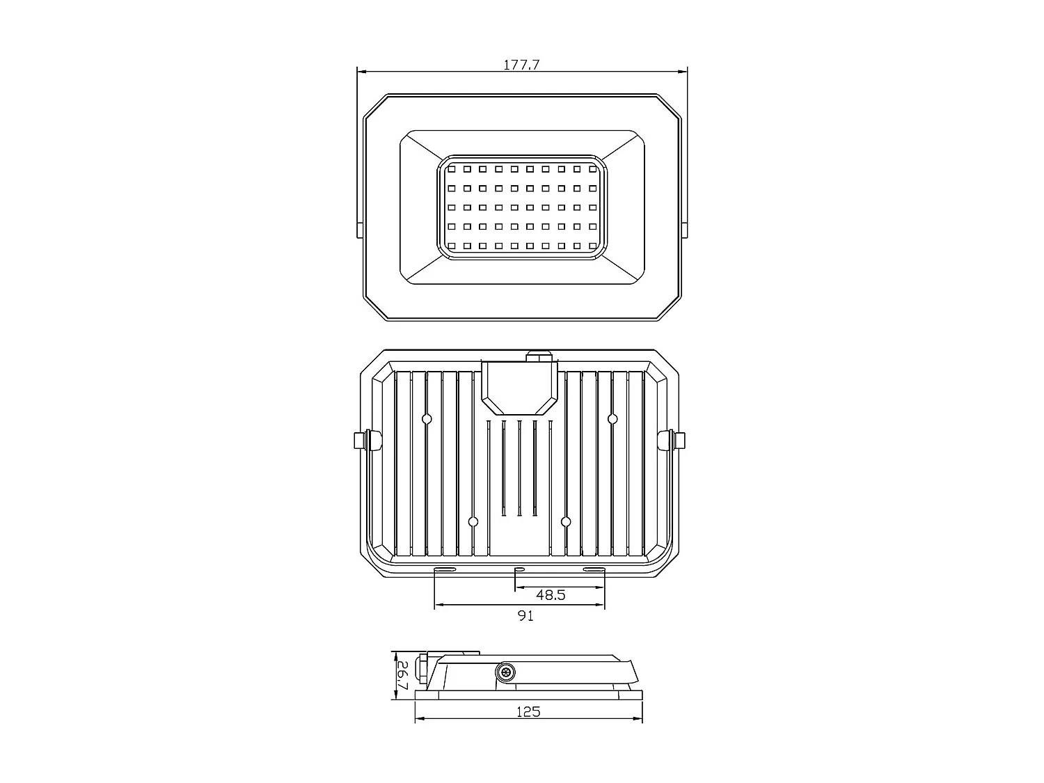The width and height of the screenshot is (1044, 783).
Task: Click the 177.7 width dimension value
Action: (x=521, y=65)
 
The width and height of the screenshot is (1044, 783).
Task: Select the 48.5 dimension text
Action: (x=551, y=595)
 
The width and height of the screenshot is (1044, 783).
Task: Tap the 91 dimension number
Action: (x=526, y=616)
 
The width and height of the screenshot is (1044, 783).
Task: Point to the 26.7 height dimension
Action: (x=402, y=674)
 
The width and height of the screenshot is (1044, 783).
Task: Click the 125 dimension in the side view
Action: (x=528, y=712)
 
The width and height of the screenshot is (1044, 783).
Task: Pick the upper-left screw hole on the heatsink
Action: (x=427, y=419)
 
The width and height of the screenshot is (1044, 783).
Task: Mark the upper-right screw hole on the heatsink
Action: (x=612, y=419)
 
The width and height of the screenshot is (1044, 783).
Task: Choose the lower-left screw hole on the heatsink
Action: (x=473, y=521)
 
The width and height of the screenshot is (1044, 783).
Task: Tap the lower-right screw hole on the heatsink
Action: (x=566, y=521)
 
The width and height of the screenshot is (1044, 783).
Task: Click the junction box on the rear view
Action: (x=520, y=386)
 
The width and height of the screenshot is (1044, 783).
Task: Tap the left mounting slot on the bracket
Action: (x=445, y=571)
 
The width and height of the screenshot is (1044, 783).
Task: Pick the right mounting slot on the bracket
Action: (x=594, y=571)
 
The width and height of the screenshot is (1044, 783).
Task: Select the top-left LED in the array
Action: (x=451, y=168)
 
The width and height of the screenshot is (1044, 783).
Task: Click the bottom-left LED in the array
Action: (x=451, y=246)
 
